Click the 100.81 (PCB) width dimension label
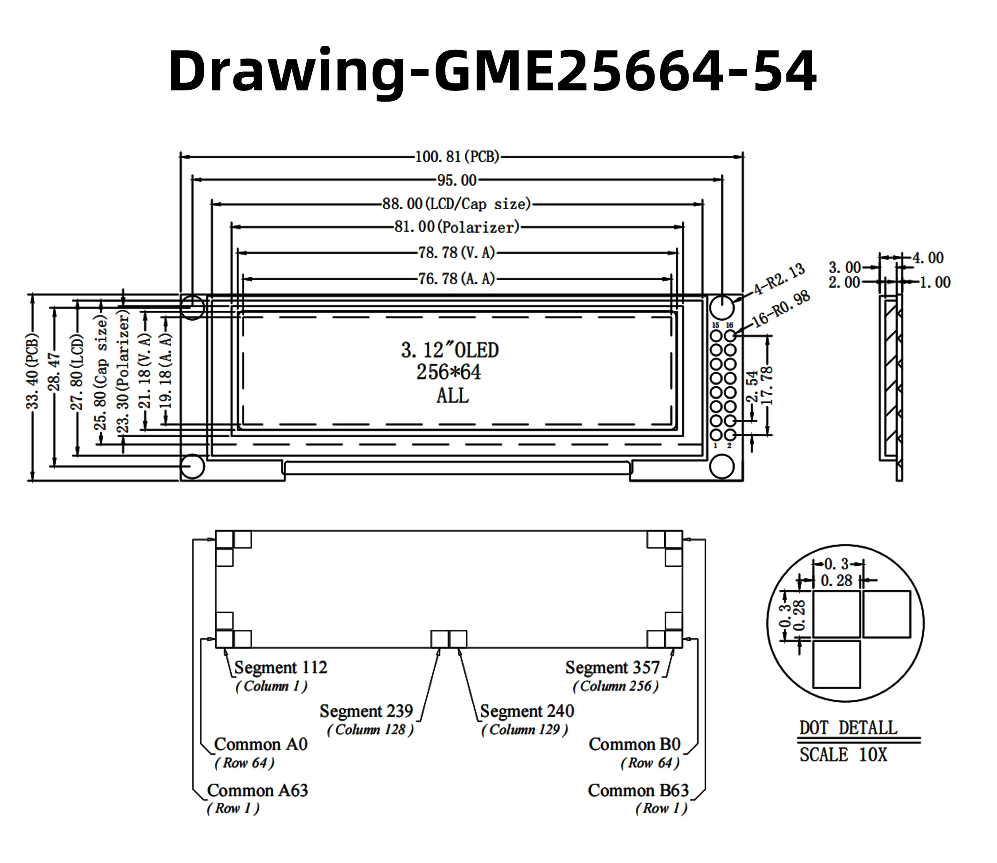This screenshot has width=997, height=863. (x=457, y=157)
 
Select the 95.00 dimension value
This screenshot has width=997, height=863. (x=457, y=180)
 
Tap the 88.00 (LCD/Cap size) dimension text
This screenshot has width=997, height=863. (x=457, y=204)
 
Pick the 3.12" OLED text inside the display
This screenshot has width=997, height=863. (x=450, y=351)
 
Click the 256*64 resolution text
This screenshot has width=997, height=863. (x=448, y=372)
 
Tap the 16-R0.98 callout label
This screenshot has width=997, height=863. (x=780, y=309)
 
